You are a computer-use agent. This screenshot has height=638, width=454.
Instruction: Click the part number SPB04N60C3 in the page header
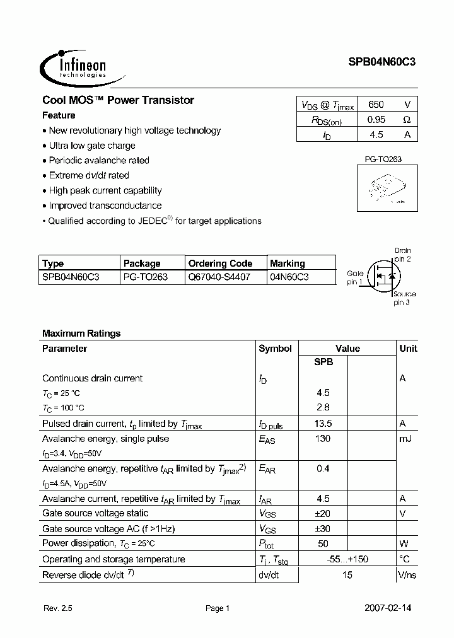point(381,62)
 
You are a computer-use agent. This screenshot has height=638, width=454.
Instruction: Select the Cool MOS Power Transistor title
point(118,100)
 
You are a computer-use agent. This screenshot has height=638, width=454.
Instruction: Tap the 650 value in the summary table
point(376,105)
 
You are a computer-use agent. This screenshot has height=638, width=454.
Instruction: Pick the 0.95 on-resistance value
point(376,119)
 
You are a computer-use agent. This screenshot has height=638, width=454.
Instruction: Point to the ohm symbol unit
point(407,119)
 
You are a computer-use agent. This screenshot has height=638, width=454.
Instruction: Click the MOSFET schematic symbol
point(382,275)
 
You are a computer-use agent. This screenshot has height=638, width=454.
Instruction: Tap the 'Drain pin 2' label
point(402,255)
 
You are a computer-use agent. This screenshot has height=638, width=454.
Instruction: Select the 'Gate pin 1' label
point(355,277)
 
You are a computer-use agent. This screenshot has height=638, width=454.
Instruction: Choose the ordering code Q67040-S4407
point(219,277)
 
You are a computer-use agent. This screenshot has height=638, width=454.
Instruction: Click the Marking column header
point(288,264)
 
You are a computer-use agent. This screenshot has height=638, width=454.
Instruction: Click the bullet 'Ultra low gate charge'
point(92,146)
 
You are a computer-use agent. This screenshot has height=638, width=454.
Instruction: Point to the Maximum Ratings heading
point(81,333)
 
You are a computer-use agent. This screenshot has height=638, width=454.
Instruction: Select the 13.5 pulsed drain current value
point(322,424)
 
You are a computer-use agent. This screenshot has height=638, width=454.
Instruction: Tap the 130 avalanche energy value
point(322,439)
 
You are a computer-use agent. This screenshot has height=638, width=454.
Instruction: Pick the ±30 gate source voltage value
point(322,528)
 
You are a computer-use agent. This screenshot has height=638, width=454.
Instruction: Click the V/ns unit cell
point(407,574)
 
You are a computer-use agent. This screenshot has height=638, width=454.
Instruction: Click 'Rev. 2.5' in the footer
point(59,608)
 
